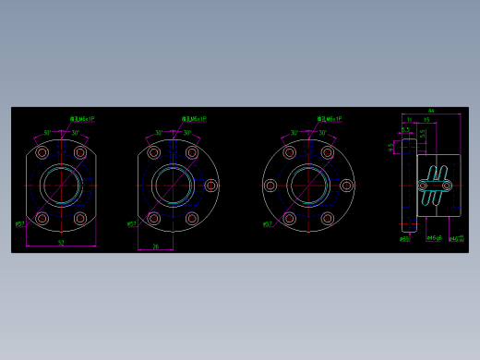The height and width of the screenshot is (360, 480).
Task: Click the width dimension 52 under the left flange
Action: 61,243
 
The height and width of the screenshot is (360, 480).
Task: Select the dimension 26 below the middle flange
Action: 155,246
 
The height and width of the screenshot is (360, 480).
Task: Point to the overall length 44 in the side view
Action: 431,111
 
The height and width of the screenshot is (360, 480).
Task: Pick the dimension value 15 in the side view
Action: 426,120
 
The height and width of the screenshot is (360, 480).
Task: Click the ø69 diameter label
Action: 404,239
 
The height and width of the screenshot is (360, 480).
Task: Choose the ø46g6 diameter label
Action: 434,238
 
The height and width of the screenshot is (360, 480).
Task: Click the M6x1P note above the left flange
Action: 82,119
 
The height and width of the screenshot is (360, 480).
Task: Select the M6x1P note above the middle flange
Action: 194,119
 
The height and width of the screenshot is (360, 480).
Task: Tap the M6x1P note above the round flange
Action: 330,119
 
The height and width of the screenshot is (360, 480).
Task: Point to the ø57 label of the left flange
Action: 19,223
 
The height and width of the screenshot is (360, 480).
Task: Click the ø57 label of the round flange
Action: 267,223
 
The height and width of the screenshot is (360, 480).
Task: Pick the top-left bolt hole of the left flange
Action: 42,152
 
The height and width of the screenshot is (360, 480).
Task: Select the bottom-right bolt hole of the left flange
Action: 80,219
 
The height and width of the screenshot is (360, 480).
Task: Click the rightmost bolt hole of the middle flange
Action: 211,186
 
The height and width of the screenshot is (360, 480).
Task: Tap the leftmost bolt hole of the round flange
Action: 270,186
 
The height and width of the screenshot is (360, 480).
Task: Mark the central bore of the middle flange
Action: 173,186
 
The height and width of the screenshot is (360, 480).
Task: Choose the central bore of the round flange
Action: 308,186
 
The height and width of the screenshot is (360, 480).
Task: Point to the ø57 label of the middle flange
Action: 131,223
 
